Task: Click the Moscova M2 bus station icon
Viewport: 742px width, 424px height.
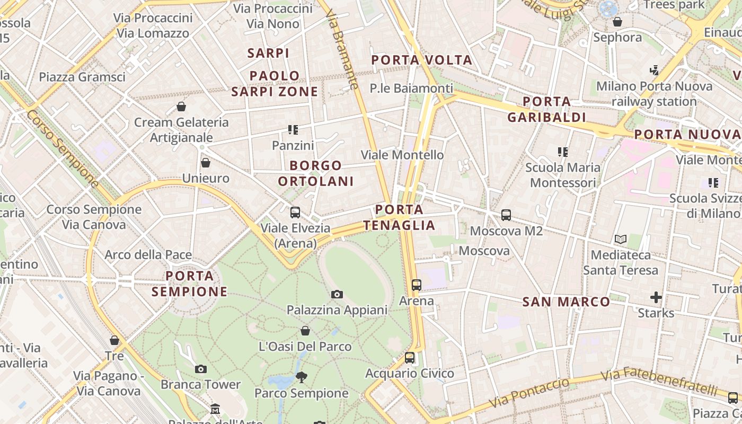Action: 506,215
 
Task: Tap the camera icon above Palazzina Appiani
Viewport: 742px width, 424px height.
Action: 337,294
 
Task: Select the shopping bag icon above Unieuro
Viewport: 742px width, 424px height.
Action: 206,163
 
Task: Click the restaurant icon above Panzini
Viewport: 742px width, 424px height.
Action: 293,129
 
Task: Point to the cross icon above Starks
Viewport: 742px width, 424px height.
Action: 656,297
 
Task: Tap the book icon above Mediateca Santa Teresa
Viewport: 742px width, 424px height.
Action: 621,240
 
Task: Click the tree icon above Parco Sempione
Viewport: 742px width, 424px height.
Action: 302,377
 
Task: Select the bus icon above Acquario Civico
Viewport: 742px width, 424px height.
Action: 410,358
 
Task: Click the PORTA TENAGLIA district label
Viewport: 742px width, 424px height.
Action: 400,217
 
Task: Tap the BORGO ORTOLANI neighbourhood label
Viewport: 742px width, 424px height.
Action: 315,173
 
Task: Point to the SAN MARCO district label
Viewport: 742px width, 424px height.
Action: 566,302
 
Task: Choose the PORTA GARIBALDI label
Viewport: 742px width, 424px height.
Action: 546,109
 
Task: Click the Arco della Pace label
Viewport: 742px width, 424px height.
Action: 148,255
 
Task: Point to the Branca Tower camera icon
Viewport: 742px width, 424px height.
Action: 201,369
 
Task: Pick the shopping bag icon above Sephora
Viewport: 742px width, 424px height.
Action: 617,22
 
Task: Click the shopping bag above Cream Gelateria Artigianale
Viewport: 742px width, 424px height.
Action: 181,107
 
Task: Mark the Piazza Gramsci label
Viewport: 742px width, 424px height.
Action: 82,77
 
